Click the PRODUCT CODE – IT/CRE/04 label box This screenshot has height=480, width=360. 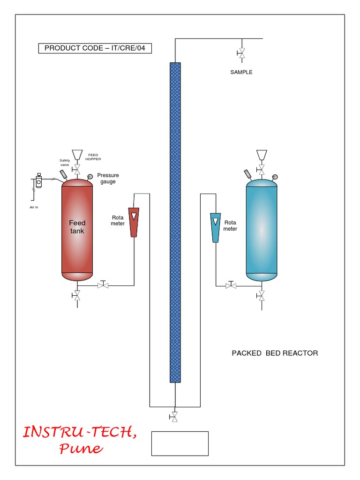95,48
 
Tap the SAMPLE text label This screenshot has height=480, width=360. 241,72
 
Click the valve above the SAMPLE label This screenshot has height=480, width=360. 242,54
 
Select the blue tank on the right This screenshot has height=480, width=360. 262,230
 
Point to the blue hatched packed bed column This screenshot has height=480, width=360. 175,222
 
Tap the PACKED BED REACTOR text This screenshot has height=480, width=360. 275,353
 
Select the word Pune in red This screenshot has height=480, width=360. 81,449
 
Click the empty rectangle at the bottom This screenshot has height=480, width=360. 180,443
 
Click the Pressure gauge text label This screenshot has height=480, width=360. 108,179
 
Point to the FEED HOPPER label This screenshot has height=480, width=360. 93,157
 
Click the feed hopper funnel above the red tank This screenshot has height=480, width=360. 77,154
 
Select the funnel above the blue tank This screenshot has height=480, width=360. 262,154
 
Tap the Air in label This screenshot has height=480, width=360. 34,206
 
